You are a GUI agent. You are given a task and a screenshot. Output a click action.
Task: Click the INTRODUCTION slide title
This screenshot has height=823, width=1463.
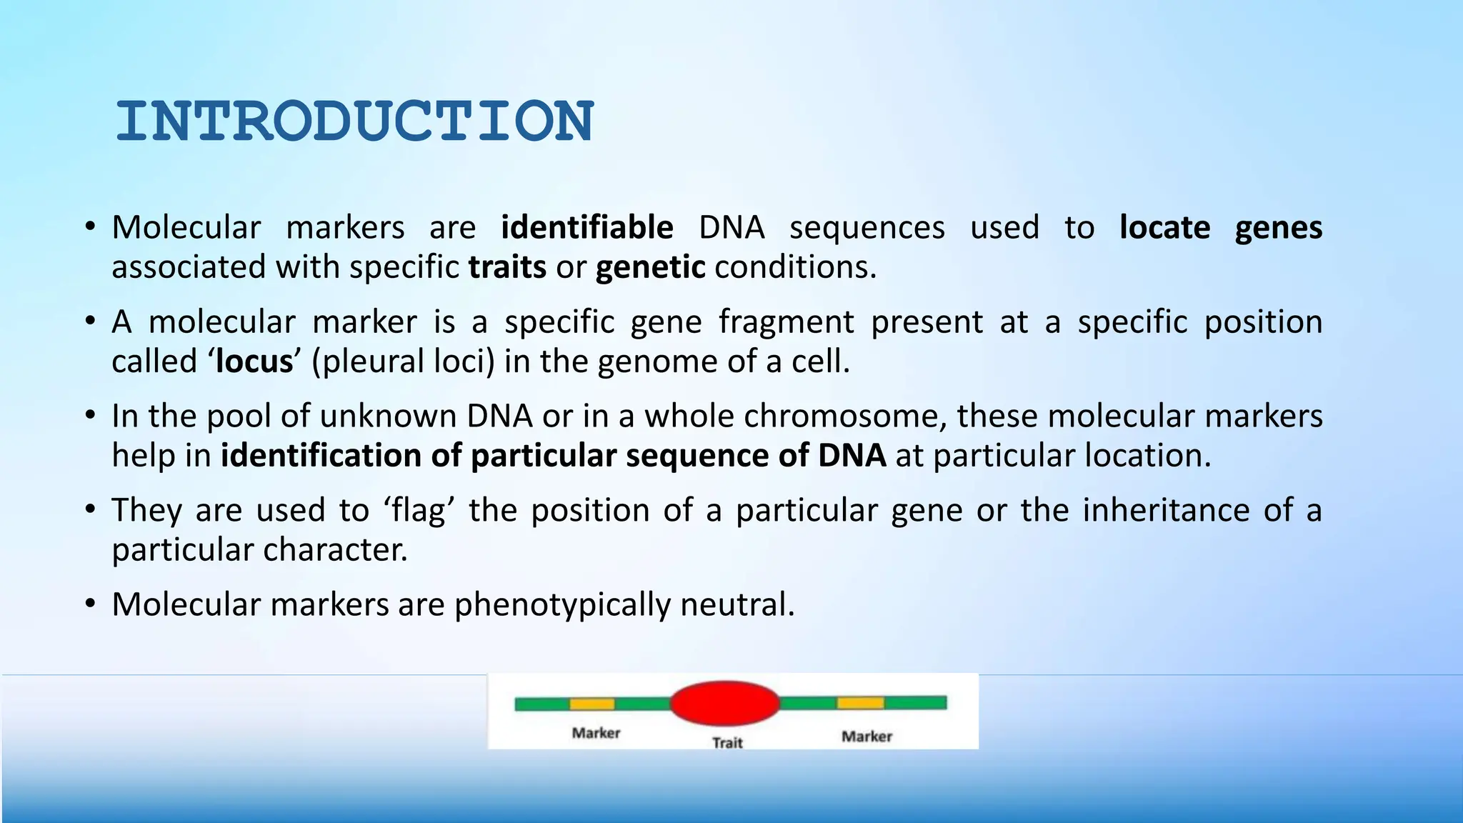[x=354, y=121]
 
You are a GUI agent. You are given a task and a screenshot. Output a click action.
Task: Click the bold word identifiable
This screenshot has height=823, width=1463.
[x=586, y=228]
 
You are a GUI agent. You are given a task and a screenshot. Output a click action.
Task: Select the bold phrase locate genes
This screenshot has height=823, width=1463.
[x=1220, y=228]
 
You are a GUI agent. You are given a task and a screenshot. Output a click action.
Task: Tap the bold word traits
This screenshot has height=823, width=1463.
[x=507, y=267]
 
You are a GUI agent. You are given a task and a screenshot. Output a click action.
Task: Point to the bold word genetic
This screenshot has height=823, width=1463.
[x=650, y=267]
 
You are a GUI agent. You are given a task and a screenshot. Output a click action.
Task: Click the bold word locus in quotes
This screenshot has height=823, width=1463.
[x=254, y=361]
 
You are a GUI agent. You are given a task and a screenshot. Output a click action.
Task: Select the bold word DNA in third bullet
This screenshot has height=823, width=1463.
[x=852, y=456]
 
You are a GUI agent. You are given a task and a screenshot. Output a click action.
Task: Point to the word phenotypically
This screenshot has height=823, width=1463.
[x=562, y=605]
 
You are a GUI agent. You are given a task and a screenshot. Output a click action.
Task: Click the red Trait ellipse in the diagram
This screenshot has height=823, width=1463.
[x=724, y=703]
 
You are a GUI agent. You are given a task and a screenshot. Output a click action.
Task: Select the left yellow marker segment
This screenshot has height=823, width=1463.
[x=591, y=704]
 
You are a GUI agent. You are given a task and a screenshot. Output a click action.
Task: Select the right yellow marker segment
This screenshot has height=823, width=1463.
[x=860, y=704]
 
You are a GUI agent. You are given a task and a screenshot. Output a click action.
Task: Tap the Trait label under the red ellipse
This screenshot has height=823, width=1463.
[x=727, y=743]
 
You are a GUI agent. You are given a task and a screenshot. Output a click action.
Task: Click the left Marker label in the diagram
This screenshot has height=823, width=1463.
[x=596, y=733]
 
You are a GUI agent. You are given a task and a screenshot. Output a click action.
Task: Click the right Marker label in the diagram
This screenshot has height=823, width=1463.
[x=867, y=737]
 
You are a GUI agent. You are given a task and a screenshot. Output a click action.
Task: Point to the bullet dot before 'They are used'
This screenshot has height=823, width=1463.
[x=89, y=510]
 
